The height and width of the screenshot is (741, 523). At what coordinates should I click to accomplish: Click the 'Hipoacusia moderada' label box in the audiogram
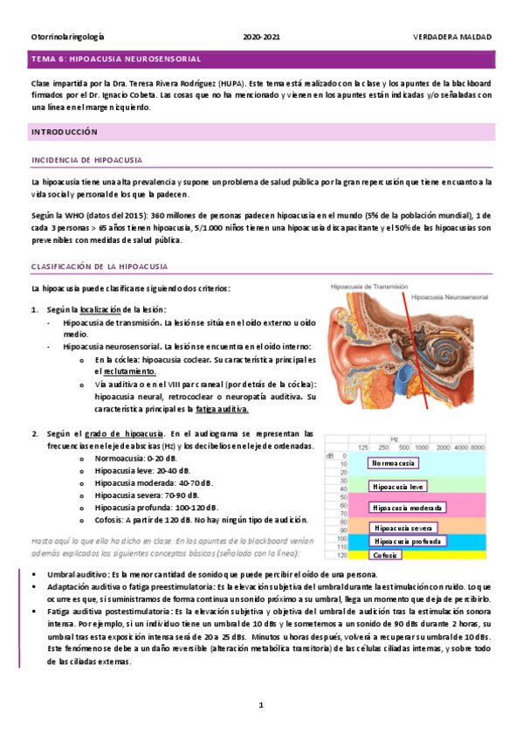pyautogui.click(x=408, y=507)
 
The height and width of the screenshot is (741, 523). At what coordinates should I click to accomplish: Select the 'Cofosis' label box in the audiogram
pyautogui.click(x=386, y=555)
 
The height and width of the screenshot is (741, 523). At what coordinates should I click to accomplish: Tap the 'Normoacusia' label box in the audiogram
pyautogui.click(x=392, y=463)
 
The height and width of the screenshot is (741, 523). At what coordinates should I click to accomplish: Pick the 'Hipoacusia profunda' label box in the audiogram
pyautogui.click(x=408, y=541)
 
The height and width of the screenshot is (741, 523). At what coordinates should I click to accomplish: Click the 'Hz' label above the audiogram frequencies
pyautogui.click(x=395, y=439)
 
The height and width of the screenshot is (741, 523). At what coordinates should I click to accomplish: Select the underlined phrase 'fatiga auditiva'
pyautogui.click(x=222, y=408)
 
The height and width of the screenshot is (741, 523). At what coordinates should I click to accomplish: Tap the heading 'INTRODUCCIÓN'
pyautogui.click(x=64, y=131)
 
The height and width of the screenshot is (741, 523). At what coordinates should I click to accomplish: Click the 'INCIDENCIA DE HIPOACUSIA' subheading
pyautogui.click(x=87, y=161)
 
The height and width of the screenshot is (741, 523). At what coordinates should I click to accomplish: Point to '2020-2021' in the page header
pyautogui.click(x=262, y=38)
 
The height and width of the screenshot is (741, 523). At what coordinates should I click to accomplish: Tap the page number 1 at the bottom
pyautogui.click(x=260, y=704)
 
